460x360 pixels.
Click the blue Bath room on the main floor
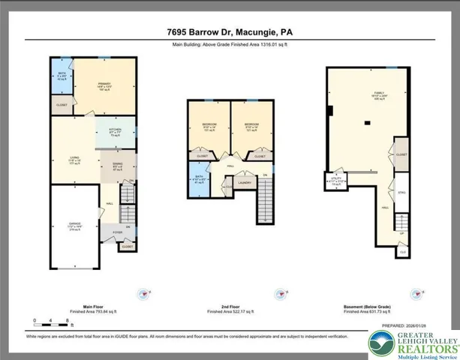tap(62, 77)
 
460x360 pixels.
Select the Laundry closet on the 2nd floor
tap(243, 181)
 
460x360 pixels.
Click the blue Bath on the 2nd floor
tap(198, 181)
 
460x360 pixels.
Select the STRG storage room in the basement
tap(401, 193)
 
